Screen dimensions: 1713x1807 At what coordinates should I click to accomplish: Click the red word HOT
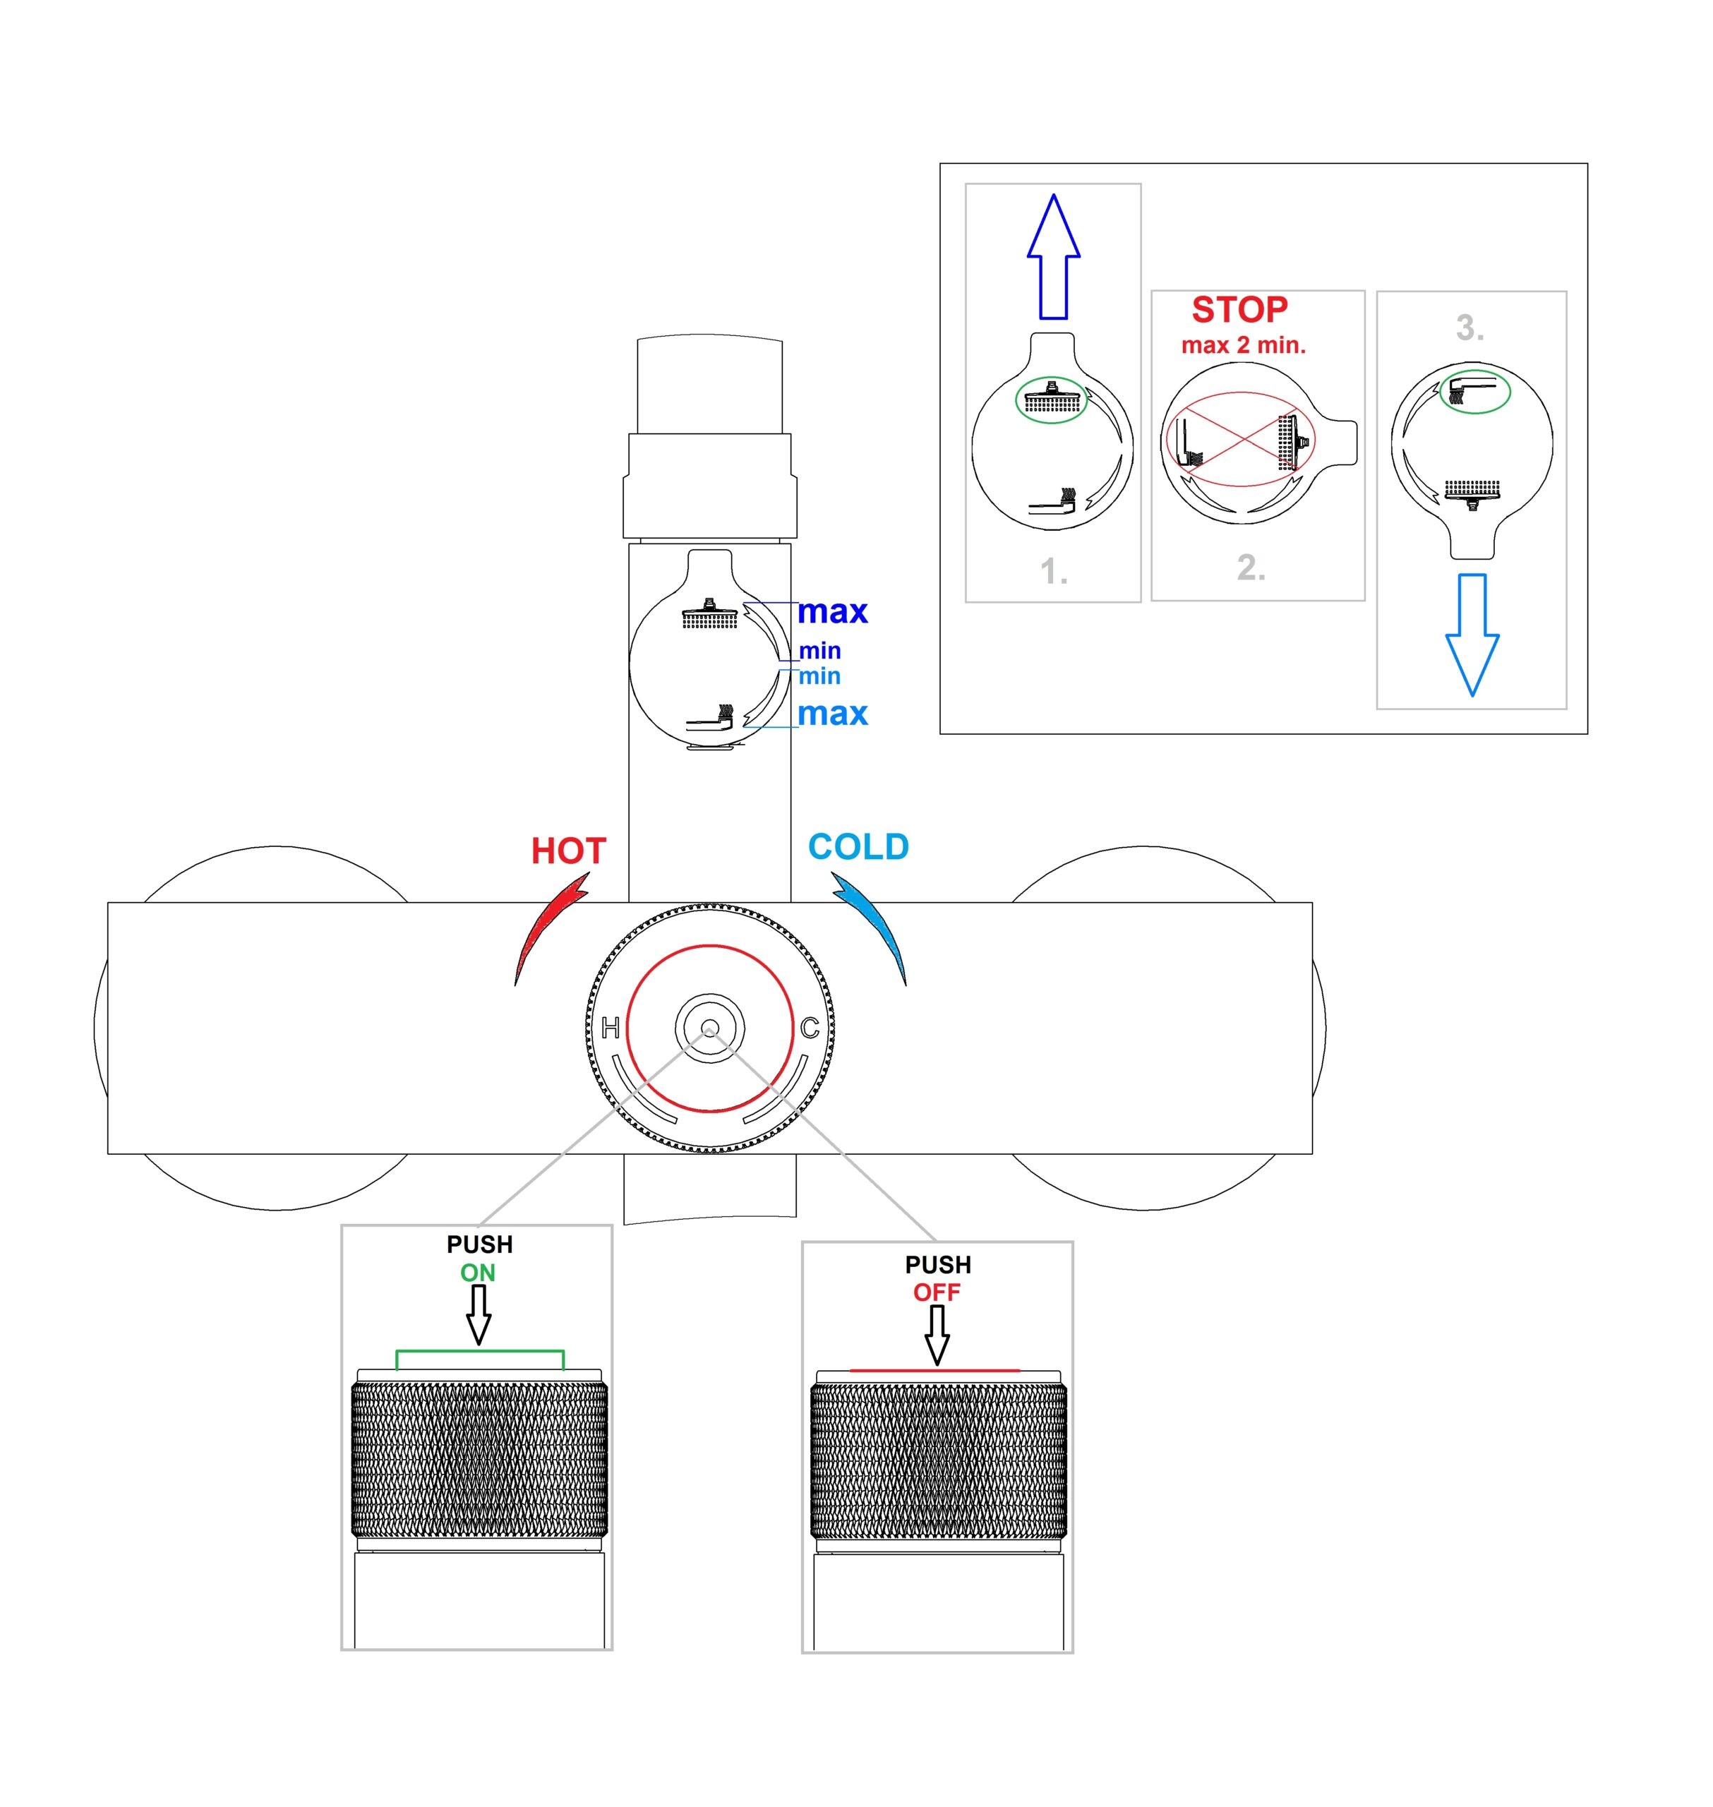point(568,851)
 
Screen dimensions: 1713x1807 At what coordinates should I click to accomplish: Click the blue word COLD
point(858,846)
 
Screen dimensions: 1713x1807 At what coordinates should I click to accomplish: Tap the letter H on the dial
point(611,1028)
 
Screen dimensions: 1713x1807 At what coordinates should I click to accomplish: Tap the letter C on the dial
point(809,1028)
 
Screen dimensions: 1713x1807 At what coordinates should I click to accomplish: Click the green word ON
point(478,1273)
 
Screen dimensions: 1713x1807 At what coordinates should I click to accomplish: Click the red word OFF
point(937,1293)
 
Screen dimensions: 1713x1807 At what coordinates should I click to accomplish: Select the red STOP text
point(1239,311)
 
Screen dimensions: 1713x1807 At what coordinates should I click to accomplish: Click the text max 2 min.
point(1244,346)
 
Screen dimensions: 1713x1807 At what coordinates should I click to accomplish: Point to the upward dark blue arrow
point(1054,256)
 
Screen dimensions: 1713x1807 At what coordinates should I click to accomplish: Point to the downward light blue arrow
point(1472,635)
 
